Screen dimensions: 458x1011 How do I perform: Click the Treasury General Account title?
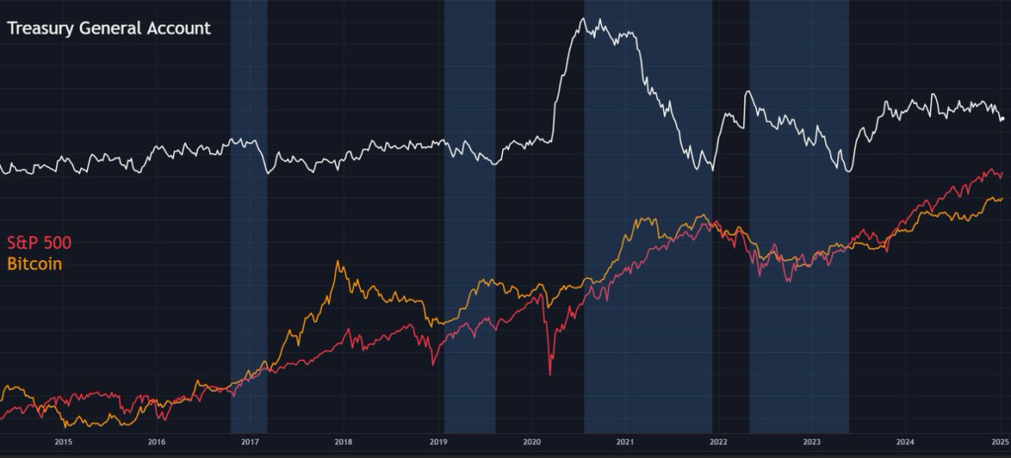(x=109, y=28)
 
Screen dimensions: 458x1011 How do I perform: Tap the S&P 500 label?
(x=39, y=244)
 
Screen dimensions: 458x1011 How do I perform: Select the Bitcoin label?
(x=34, y=263)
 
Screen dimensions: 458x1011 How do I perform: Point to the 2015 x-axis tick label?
(x=63, y=443)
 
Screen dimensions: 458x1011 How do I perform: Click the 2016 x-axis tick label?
(x=157, y=443)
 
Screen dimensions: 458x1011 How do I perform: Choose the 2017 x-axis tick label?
(x=250, y=443)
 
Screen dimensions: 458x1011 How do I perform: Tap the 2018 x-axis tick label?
(x=344, y=443)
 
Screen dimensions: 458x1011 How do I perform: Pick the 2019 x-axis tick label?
(x=437, y=443)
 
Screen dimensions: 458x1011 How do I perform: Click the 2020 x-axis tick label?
(x=531, y=443)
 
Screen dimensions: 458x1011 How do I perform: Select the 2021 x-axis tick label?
(x=625, y=443)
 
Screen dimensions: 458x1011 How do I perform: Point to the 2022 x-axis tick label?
(x=718, y=443)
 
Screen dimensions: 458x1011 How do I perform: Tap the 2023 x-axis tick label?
(x=812, y=443)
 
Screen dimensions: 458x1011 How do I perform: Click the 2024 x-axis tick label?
(x=905, y=443)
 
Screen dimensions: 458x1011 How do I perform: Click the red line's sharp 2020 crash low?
(x=550, y=374)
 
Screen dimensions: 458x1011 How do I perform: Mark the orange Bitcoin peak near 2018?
(x=338, y=262)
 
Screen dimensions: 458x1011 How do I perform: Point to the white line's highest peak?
(x=585, y=18)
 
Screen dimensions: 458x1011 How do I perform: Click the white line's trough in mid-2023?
(x=848, y=171)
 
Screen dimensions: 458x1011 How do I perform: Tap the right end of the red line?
(x=1002, y=172)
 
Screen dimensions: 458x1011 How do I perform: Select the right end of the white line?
(x=1003, y=118)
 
